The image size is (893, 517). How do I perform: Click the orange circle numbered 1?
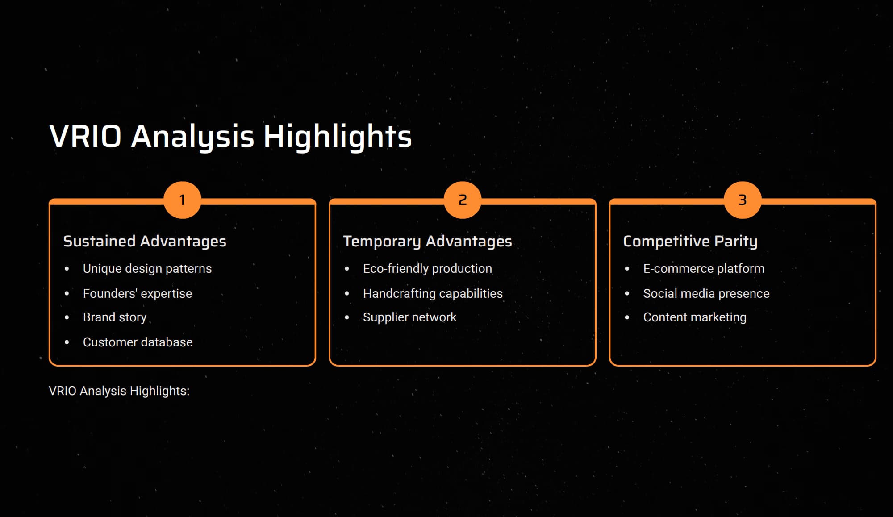click(x=182, y=200)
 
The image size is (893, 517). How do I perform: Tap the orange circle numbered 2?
click(x=463, y=200)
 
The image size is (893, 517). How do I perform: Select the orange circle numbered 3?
click(x=743, y=200)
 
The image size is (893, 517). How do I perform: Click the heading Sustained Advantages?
click(x=145, y=242)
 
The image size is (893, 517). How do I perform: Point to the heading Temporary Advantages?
click(x=427, y=242)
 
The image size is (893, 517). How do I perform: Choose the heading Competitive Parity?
click(x=690, y=242)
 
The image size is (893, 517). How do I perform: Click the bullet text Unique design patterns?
click(x=147, y=269)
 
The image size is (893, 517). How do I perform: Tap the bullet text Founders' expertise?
click(x=138, y=293)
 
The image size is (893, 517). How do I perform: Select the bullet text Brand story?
click(x=115, y=317)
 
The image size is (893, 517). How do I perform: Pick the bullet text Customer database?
click(x=138, y=342)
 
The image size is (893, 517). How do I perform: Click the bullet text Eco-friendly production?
click(x=427, y=269)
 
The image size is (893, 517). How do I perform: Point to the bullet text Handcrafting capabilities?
click(x=433, y=293)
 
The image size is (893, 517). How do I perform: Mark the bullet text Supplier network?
click(x=410, y=317)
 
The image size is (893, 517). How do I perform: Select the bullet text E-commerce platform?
click(x=704, y=269)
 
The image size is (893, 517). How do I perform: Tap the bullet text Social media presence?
click(x=706, y=293)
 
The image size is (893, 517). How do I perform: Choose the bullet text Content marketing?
click(x=695, y=317)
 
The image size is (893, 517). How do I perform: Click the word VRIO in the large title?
click(x=85, y=136)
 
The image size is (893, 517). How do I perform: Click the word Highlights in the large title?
click(x=338, y=138)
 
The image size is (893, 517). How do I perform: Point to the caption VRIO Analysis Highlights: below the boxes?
click(x=119, y=391)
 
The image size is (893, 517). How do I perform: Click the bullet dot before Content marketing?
click(x=627, y=317)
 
